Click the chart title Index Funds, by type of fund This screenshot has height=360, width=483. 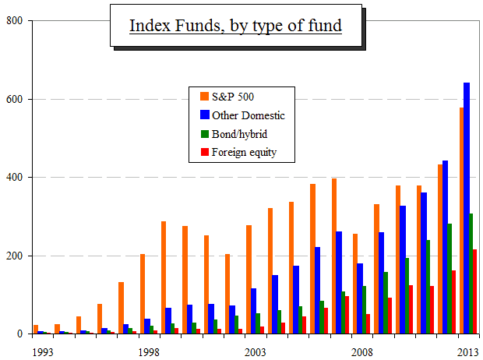235,26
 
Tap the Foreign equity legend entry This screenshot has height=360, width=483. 243,152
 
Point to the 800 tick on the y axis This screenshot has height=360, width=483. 14,21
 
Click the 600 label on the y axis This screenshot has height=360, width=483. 14,100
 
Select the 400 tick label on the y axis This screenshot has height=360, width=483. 14,178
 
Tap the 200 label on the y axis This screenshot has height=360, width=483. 14,256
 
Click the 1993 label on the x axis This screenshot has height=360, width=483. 43,352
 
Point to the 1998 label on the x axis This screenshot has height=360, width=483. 149,352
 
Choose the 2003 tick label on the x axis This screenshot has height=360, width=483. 255,352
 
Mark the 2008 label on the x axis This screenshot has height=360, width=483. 361,352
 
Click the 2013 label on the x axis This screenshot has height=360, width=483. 467,352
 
